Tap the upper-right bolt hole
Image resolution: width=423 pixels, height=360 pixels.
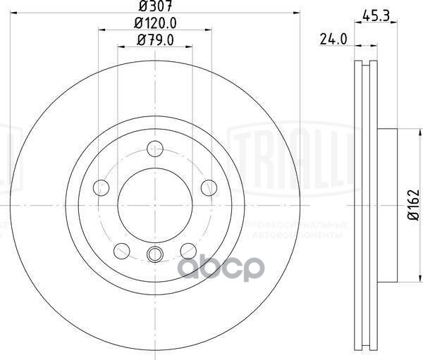(x=208, y=187)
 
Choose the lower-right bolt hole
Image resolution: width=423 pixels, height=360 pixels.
(x=188, y=250)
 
